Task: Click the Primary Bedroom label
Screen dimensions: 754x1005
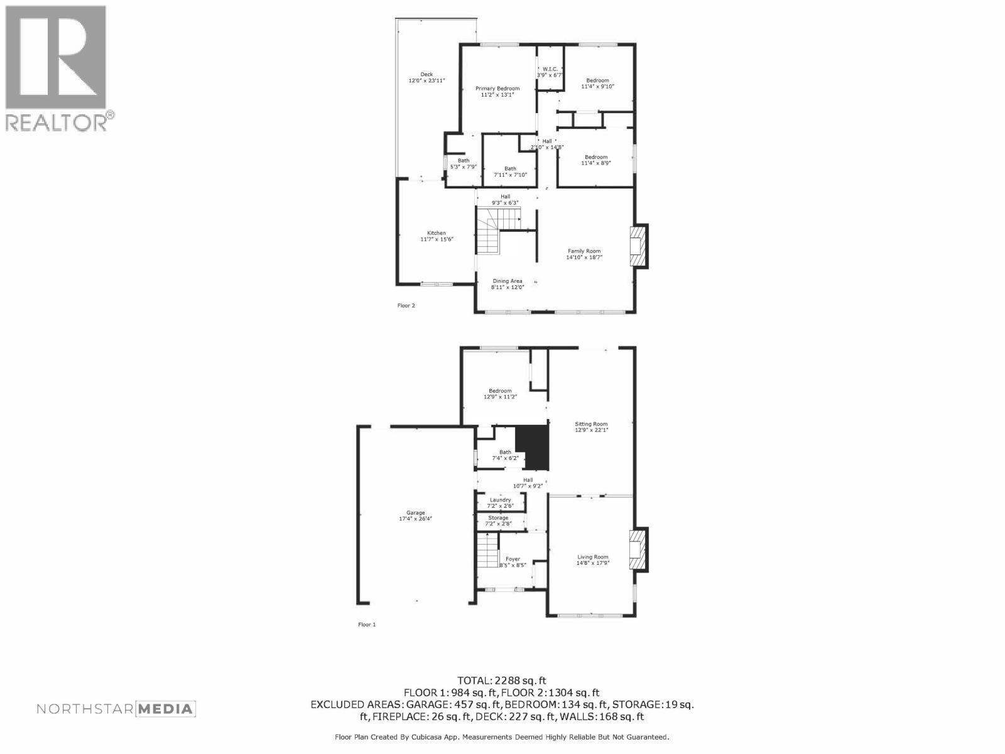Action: [497, 92]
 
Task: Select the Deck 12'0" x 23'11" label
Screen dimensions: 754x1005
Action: [426, 77]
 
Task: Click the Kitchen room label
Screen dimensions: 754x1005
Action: [437, 236]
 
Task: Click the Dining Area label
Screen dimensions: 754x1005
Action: [507, 284]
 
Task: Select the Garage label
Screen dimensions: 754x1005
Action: [416, 516]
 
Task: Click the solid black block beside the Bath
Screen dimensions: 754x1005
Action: [533, 447]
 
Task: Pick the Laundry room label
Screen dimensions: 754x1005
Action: [501, 503]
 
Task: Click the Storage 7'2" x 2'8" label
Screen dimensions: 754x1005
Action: [498, 520]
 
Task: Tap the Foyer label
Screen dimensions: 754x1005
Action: [513, 562]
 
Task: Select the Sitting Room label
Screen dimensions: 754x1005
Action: [591, 427]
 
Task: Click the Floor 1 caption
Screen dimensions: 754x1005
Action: [367, 625]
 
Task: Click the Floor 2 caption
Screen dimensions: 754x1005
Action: [406, 305]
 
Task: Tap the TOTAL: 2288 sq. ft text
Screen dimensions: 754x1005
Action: [502, 680]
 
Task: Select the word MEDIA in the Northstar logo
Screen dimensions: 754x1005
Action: [166, 709]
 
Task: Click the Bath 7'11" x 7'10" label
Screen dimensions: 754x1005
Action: [510, 172]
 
